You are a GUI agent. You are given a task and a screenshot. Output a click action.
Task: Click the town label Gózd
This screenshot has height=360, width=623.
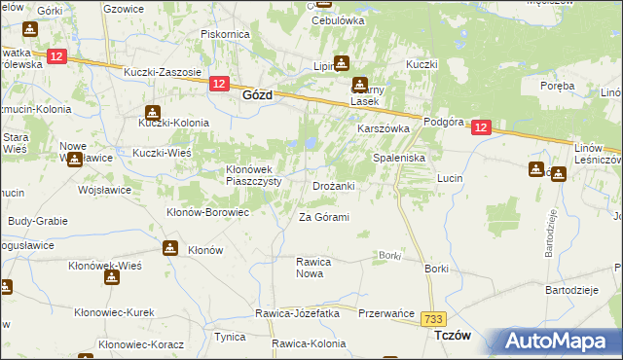tap(256, 96)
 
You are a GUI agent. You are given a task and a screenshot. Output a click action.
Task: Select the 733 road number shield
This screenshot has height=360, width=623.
tap(433, 317)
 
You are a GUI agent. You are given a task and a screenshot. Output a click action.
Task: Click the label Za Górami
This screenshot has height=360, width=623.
tap(323, 216)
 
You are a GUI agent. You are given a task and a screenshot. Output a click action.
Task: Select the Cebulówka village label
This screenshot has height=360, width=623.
tap(337, 19)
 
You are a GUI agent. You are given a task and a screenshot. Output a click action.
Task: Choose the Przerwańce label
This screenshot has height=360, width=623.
tap(387, 313)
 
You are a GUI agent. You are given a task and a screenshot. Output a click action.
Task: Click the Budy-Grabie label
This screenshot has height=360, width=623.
tap(38, 221)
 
